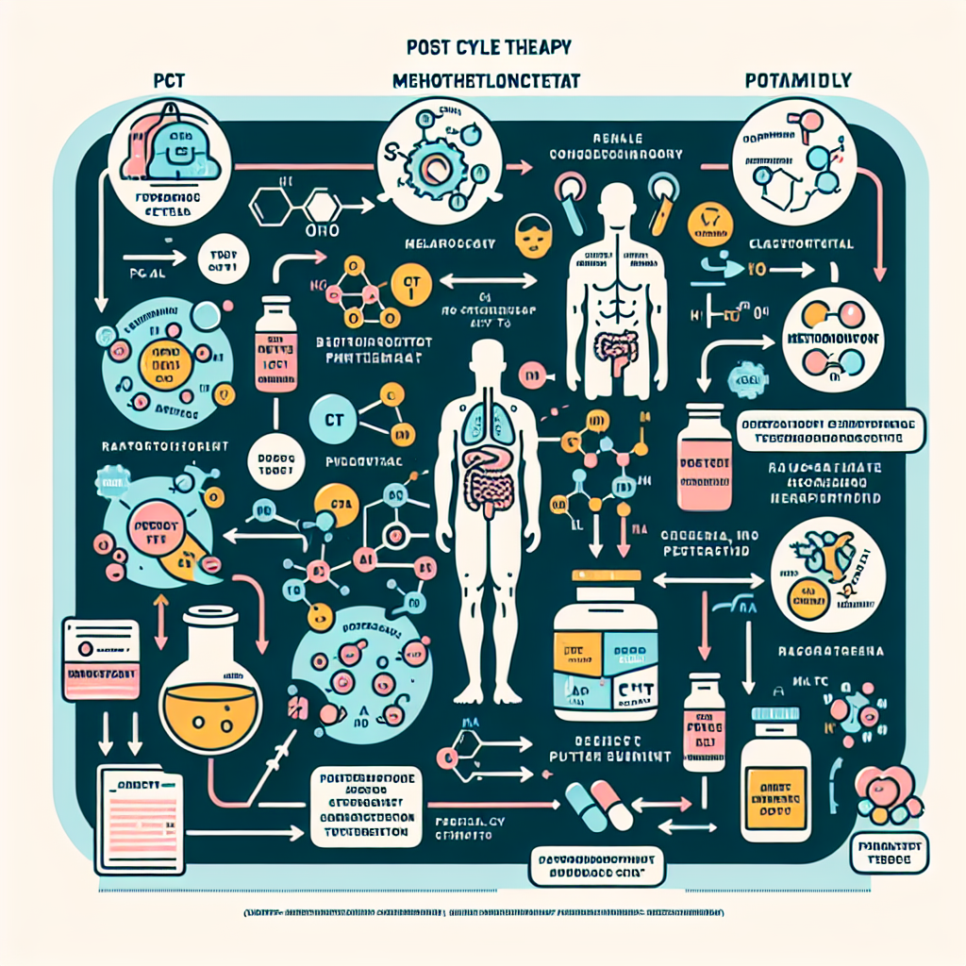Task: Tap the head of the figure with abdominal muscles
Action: [618, 203]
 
